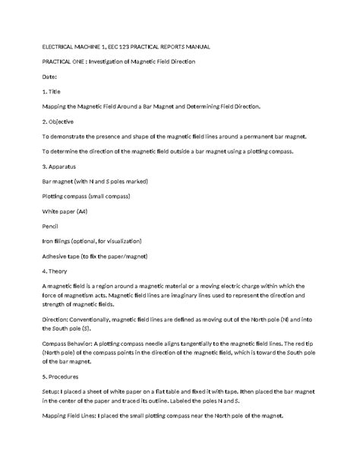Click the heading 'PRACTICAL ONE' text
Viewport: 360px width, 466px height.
coord(65,62)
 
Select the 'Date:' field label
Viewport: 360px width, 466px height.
coord(51,77)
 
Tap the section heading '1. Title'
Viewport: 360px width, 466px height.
coord(53,91)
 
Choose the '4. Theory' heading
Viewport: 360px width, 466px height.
coord(58,270)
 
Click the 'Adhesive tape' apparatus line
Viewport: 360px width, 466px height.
coord(97,255)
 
